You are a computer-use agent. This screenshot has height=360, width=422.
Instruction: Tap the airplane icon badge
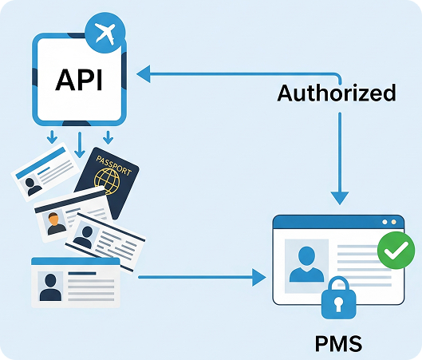[105, 34]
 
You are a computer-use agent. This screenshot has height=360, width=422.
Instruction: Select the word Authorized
[336, 93]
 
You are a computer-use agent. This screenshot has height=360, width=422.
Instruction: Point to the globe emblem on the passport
[110, 183]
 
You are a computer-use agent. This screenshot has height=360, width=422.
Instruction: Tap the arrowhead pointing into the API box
[142, 74]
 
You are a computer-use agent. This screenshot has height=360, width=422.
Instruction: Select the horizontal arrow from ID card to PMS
[199, 277]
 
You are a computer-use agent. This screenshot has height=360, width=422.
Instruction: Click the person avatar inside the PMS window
[306, 264]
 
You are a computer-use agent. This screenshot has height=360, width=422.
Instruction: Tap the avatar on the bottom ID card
[50, 285]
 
